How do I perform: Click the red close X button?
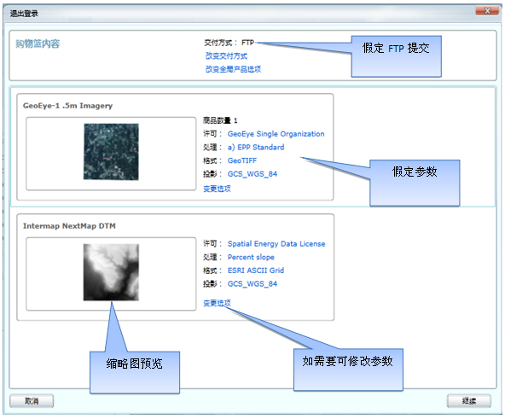click(487, 11)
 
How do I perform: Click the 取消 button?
click(32, 401)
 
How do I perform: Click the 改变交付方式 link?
click(226, 56)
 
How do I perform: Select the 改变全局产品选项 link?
click(233, 69)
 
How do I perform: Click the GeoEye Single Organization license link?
click(276, 134)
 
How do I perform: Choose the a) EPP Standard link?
click(256, 148)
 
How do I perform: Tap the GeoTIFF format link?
click(242, 160)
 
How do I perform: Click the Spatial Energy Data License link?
click(276, 244)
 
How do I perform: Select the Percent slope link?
click(251, 257)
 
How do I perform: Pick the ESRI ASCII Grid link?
click(256, 271)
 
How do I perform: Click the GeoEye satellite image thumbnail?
click(111, 152)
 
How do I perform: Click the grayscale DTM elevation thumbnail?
click(111, 272)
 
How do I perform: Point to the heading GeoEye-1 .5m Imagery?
click(67, 106)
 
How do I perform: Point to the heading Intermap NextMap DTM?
click(69, 226)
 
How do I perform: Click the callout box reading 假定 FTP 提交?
click(396, 56)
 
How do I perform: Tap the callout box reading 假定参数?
click(415, 183)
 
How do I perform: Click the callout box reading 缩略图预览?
click(135, 372)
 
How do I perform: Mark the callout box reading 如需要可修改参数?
click(348, 370)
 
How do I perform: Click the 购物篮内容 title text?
click(38, 44)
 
